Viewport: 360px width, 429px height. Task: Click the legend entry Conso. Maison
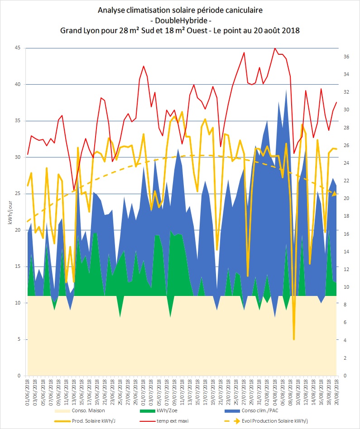point(79,410)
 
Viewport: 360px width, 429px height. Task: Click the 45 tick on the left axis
point(18,48)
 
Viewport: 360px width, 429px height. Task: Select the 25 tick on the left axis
point(18,194)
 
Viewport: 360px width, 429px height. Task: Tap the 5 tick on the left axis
point(19,339)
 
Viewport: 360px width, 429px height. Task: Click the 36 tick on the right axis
point(346,57)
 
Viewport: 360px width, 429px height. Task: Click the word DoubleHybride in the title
point(180,20)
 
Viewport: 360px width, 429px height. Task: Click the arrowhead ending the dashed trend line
point(334,194)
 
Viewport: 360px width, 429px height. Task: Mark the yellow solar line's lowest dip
point(294,339)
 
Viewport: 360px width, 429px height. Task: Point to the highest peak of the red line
point(275,48)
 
